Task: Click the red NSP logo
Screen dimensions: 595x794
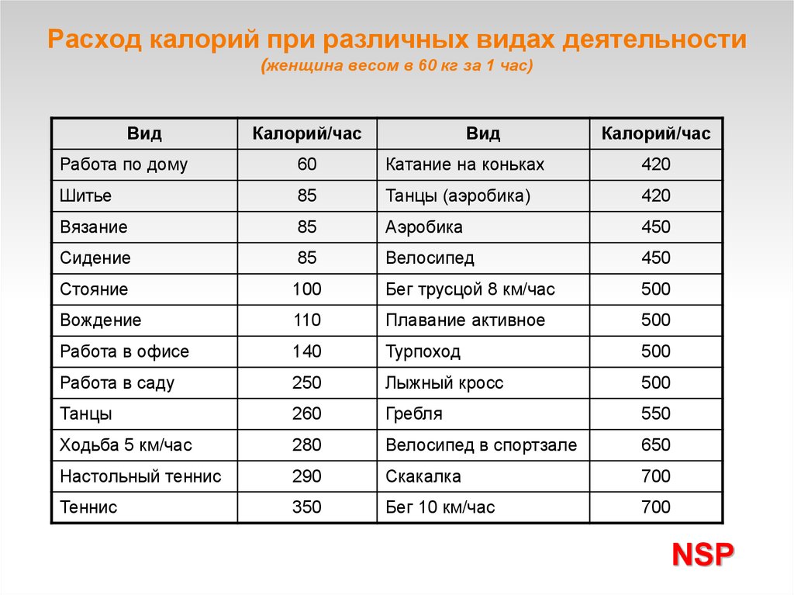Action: point(703,555)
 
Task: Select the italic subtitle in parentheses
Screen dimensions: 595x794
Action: point(397,67)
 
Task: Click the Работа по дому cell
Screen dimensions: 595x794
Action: point(124,164)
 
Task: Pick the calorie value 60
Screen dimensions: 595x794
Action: point(307,164)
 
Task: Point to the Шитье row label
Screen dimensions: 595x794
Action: point(85,195)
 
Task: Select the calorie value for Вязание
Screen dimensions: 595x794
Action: point(307,227)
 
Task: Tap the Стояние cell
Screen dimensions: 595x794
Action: point(94,289)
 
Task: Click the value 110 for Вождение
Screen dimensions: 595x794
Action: point(307,320)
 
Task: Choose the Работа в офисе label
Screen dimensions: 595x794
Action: point(124,351)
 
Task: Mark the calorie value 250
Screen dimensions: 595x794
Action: point(307,382)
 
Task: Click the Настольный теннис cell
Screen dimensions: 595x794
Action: point(140,476)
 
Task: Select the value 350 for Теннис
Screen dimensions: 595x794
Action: point(307,507)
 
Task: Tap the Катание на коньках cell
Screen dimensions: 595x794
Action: point(465,164)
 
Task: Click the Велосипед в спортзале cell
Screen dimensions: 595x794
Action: point(482,445)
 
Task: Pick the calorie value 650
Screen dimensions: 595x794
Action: point(656,445)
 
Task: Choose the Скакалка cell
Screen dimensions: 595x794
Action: point(423,476)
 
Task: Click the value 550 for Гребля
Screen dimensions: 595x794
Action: point(656,413)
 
